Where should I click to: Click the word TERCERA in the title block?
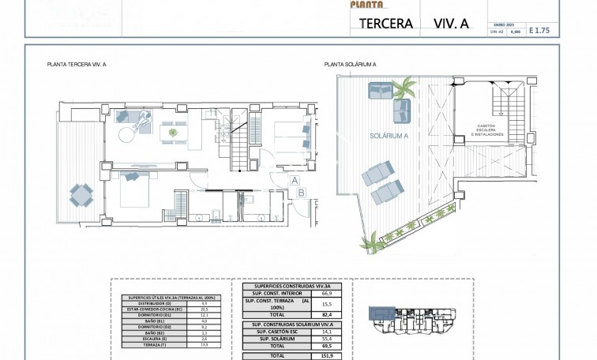pyautogui.click(x=386, y=24)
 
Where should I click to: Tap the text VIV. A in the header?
pyautogui.click(x=452, y=24)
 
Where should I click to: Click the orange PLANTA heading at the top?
pyautogui.click(x=365, y=4)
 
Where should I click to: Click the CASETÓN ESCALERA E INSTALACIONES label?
pyautogui.click(x=486, y=130)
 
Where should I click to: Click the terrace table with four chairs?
pyautogui.click(x=81, y=193)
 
